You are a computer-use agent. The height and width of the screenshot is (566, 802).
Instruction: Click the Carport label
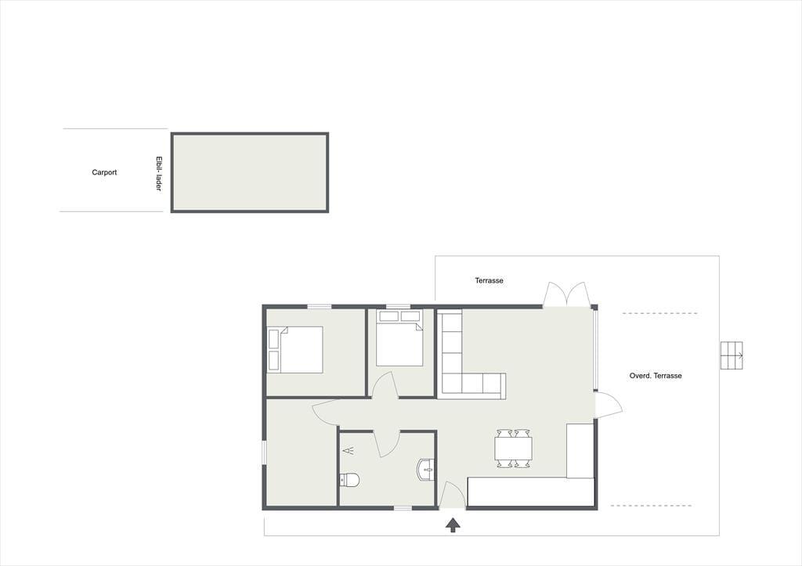point(104,172)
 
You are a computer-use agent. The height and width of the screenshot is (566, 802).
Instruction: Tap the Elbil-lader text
point(158,174)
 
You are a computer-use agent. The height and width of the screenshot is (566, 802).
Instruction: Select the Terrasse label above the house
point(489,280)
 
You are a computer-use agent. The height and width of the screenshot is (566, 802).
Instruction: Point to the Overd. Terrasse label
point(656,375)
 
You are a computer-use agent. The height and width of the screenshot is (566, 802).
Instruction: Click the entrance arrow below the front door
point(453,525)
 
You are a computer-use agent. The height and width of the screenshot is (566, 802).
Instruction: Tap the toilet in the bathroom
point(350,480)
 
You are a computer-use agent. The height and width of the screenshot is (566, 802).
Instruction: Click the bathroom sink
point(426,470)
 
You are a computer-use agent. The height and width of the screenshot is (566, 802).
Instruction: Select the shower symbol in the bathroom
point(349,450)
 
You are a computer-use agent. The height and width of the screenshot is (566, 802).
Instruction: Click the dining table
point(514,449)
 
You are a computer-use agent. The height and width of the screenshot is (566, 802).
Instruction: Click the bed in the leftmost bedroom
point(295,350)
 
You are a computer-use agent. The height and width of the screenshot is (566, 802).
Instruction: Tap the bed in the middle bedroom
point(399,338)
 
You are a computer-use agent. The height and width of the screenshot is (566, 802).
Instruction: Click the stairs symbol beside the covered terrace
point(732,355)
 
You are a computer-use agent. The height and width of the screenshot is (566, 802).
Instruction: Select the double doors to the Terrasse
point(565,294)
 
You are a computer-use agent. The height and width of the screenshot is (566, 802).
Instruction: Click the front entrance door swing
point(453,495)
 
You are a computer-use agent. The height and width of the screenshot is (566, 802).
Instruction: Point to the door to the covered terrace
point(609,405)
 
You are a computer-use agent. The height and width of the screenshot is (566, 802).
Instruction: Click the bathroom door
point(387,443)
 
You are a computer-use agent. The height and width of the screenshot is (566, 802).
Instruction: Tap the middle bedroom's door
point(385,385)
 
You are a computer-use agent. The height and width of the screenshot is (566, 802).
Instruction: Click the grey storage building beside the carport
point(250,172)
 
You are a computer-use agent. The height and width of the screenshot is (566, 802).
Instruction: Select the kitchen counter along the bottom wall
point(531,492)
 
